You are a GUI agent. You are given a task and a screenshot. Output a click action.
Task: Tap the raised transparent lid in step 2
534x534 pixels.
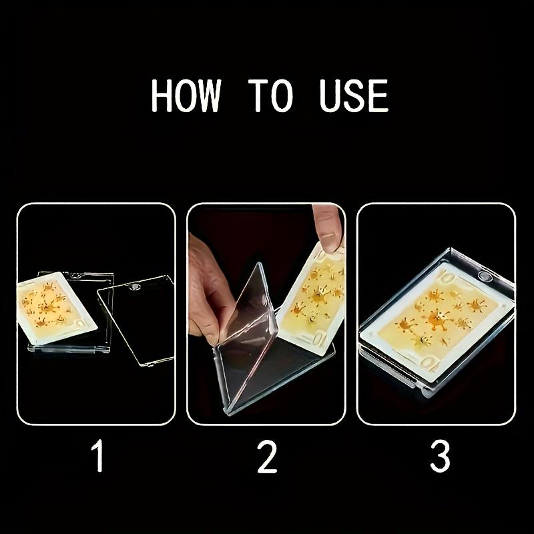coord(244,334)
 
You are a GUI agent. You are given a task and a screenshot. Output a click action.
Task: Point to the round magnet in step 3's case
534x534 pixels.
coord(485,276)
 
